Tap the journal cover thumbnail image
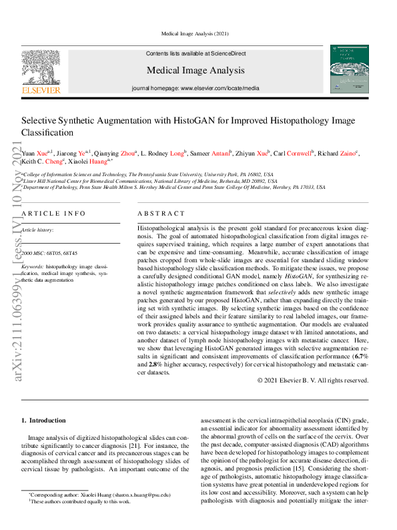click(349, 69)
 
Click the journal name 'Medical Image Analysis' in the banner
click(195, 70)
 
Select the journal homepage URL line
click(195, 88)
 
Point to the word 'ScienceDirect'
click(228, 53)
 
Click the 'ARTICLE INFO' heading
click(53, 213)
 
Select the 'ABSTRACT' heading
click(161, 213)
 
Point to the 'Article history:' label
click(37, 230)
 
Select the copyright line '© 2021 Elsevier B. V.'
click(312, 380)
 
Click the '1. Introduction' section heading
click(43, 421)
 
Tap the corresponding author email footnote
click(99, 495)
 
